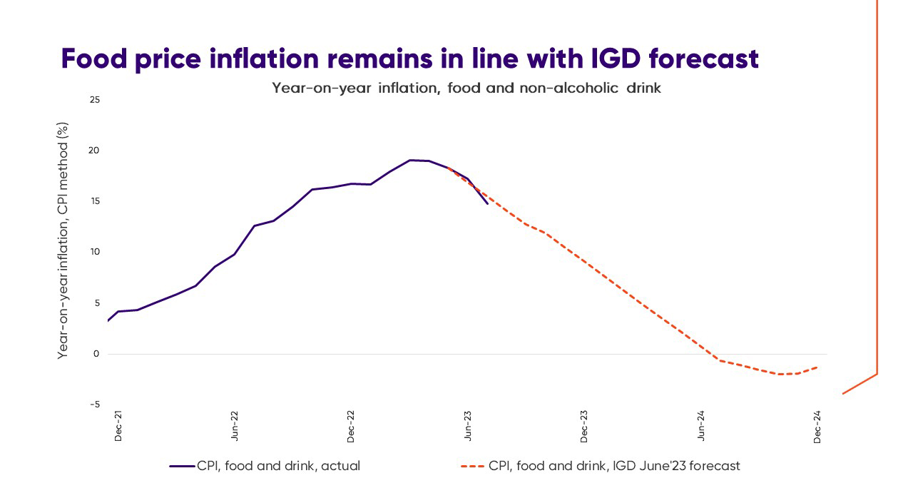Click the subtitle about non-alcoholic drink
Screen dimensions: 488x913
pyautogui.click(x=466, y=88)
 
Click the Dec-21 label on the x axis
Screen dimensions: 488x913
pyautogui.click(x=118, y=425)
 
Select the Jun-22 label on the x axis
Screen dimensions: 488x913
pyautogui.click(x=235, y=425)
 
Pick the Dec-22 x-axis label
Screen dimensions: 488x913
pyautogui.click(x=351, y=425)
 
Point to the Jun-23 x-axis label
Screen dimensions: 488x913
pyautogui.click(x=468, y=425)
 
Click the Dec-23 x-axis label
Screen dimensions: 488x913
pyautogui.click(x=584, y=425)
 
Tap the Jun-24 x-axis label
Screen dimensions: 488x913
pyautogui.click(x=701, y=425)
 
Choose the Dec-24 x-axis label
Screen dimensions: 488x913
pyautogui.click(x=817, y=425)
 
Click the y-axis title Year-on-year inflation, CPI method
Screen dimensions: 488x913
pyautogui.click(x=63, y=239)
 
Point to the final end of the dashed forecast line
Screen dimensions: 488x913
pyautogui.click(x=817, y=367)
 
